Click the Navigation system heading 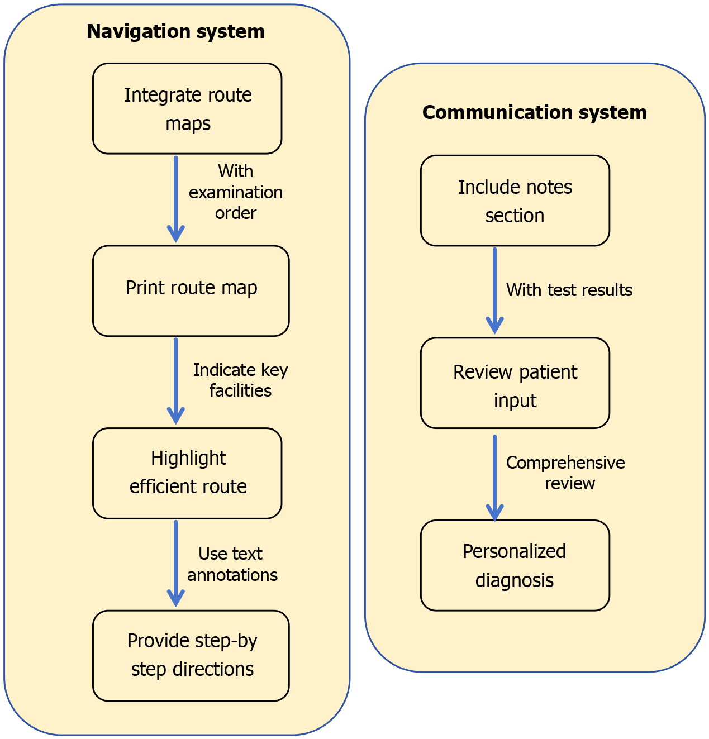tap(175, 31)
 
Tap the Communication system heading tap(534, 112)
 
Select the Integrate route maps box tap(187, 108)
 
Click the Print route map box tap(191, 290)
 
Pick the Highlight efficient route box tap(187, 473)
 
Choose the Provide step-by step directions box tap(191, 655)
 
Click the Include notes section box tap(515, 201)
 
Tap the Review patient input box tap(515, 383)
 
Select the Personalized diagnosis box tap(515, 565)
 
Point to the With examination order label tap(235, 192)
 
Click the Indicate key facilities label tap(240, 380)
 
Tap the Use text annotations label tap(232, 564)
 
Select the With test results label tap(569, 290)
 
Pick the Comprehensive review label tap(565, 473)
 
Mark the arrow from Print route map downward tap(176, 381)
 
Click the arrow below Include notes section tap(494, 290)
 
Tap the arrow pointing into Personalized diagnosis tap(494, 478)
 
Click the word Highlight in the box tap(188, 458)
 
